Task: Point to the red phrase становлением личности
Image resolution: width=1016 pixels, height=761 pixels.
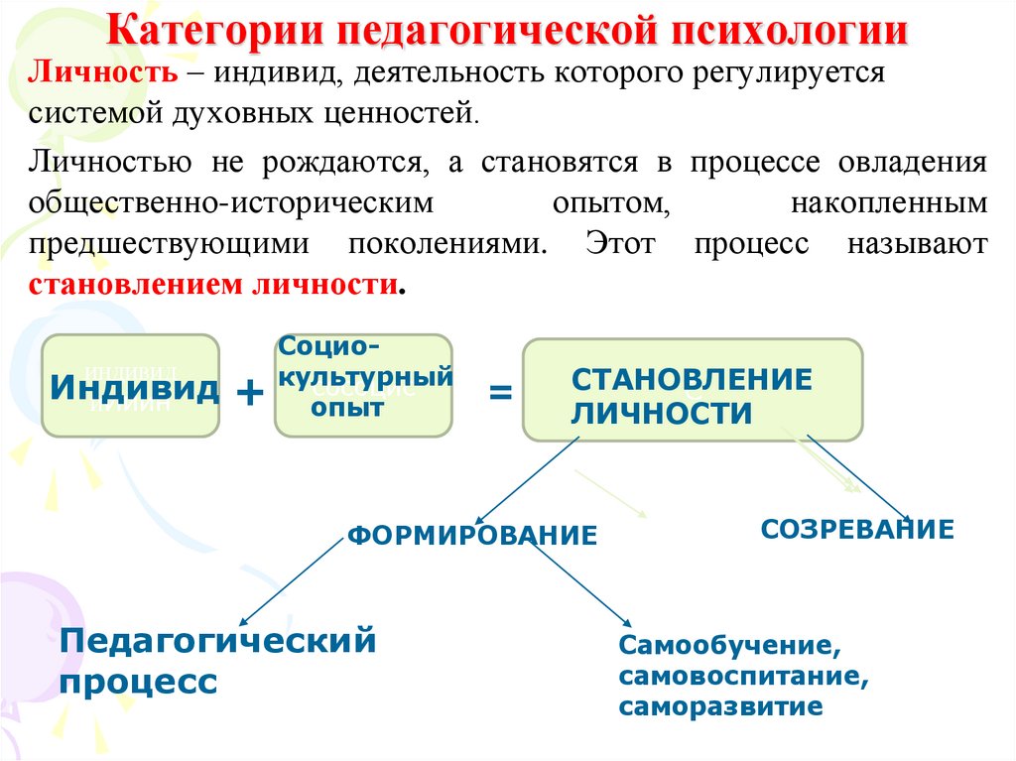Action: coord(213,286)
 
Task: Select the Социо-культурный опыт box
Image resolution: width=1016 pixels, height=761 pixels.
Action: coord(362,386)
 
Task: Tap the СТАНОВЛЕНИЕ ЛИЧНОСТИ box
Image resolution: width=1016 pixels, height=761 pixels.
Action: coord(692,390)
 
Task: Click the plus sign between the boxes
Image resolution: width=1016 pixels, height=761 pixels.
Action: coord(249,394)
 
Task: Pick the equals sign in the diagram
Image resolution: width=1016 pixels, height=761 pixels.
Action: coord(501,394)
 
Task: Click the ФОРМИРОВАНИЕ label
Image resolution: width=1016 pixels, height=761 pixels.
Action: coord(472,537)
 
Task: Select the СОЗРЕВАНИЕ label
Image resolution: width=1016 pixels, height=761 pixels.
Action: coord(857,529)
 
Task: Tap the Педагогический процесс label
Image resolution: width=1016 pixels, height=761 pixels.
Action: coord(218,660)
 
